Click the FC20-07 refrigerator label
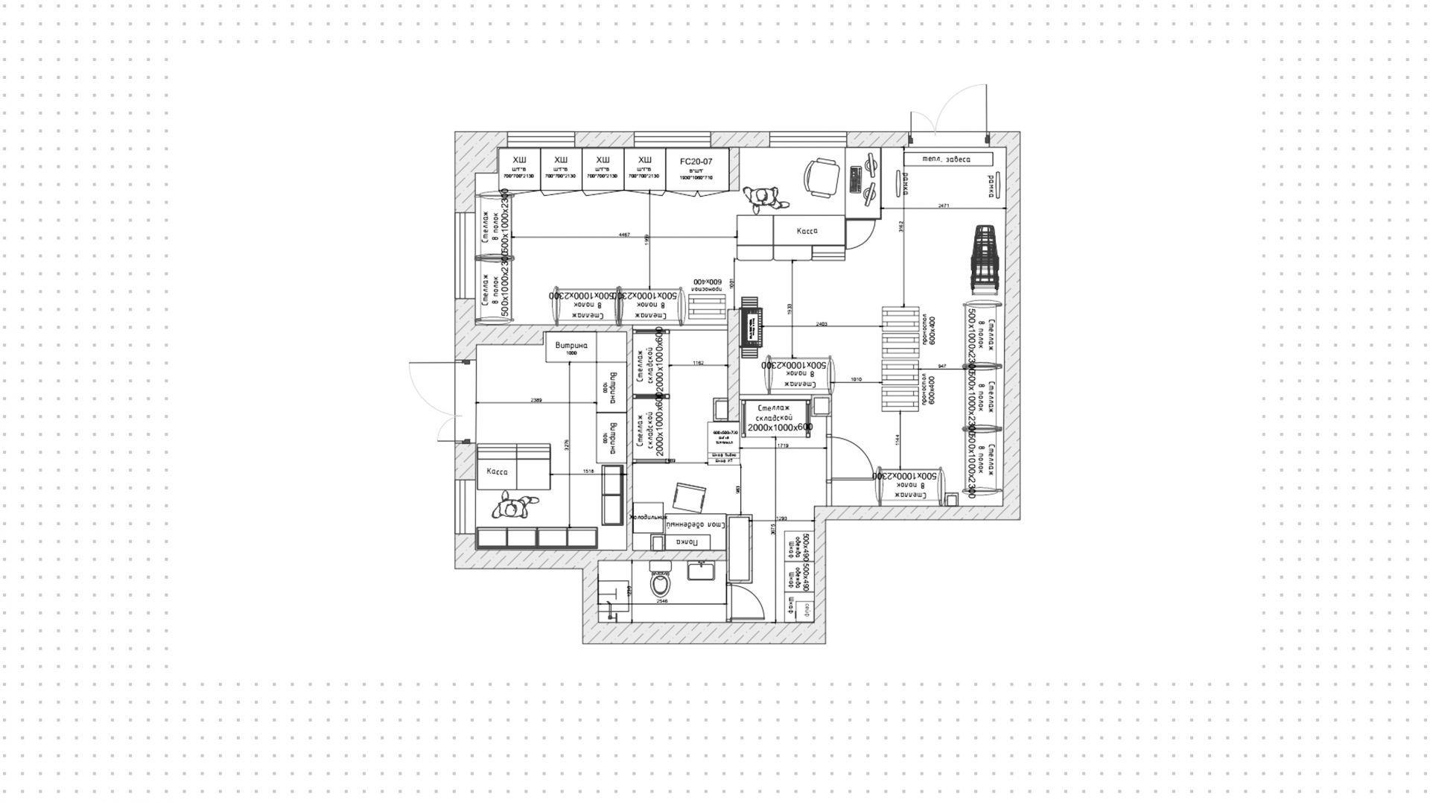tap(696, 161)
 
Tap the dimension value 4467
tap(624, 235)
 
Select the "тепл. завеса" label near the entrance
tap(947, 159)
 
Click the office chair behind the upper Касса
tap(821, 177)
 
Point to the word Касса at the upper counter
tap(807, 231)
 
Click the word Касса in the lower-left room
tap(497, 472)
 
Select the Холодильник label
tap(649, 517)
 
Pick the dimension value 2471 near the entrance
tap(944, 205)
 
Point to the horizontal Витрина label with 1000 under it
tap(571, 346)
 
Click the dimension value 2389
tap(536, 400)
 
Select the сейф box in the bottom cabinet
tap(804, 612)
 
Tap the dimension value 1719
tap(783, 445)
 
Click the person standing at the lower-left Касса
tap(514, 507)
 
